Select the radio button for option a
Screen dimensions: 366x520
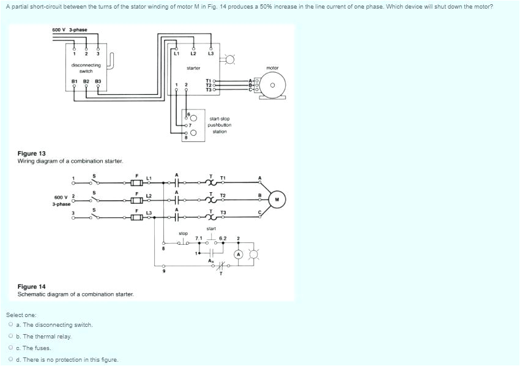click(x=11, y=325)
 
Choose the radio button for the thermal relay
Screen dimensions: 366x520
click(x=11, y=337)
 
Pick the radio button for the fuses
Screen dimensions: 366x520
click(x=11, y=348)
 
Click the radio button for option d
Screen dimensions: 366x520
click(x=11, y=360)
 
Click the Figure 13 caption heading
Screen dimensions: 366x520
click(x=32, y=154)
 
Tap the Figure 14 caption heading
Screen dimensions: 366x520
click(x=32, y=286)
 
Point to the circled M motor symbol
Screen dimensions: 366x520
click(x=277, y=199)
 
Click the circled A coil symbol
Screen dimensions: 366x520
click(x=239, y=254)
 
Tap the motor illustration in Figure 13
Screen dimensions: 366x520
click(x=272, y=86)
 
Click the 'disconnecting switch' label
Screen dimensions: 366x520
click(x=86, y=68)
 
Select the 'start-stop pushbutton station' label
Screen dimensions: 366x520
click(x=220, y=125)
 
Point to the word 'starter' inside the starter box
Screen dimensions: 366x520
click(x=193, y=68)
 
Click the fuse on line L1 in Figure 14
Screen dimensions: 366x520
click(x=136, y=182)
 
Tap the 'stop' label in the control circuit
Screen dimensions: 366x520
click(x=183, y=233)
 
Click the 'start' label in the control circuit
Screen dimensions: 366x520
click(x=211, y=228)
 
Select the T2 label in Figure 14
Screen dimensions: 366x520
click(x=223, y=195)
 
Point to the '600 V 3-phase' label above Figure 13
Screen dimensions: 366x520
click(x=70, y=30)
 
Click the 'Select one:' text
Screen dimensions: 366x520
click(x=21, y=315)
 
